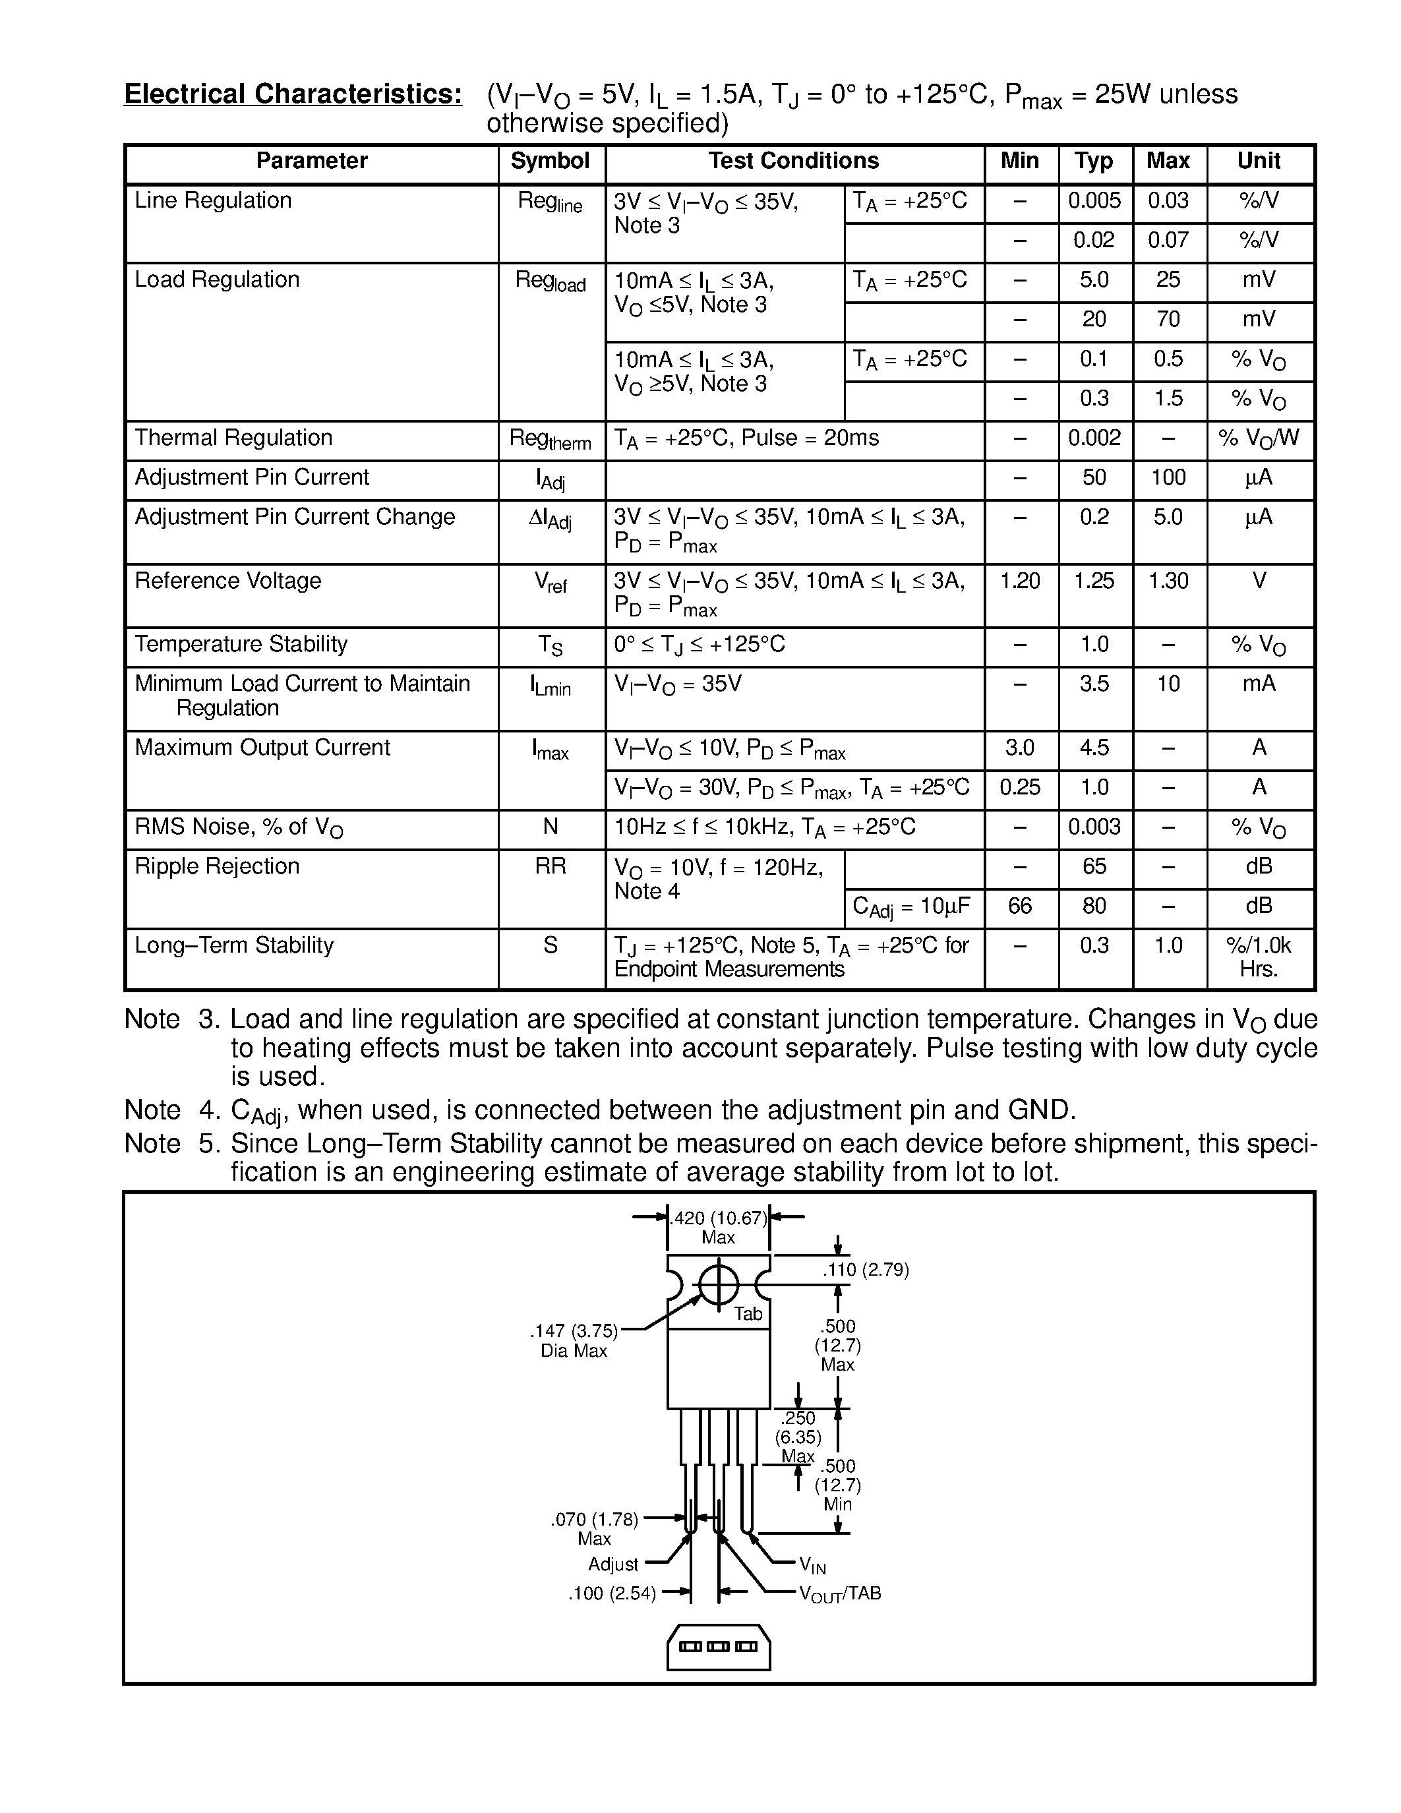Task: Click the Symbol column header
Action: (x=549, y=161)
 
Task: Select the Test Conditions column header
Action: (x=793, y=161)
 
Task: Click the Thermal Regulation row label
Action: (x=233, y=438)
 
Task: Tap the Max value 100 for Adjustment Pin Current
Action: (x=1168, y=477)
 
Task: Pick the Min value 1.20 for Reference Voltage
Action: (x=1020, y=580)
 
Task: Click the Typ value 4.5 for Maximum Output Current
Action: (x=1094, y=747)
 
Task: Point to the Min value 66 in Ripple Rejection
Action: (x=1020, y=906)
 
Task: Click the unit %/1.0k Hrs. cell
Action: (x=1258, y=957)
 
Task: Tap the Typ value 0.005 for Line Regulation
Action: (x=1094, y=200)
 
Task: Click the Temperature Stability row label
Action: (x=241, y=644)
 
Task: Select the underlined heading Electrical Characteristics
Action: (x=293, y=94)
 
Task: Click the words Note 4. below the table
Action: (x=171, y=1110)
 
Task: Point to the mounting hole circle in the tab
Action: (x=718, y=1286)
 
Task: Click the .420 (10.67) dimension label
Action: (x=718, y=1218)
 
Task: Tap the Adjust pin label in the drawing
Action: (x=613, y=1564)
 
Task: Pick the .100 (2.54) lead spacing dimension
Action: (x=612, y=1593)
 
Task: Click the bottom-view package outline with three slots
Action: (x=718, y=1646)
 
